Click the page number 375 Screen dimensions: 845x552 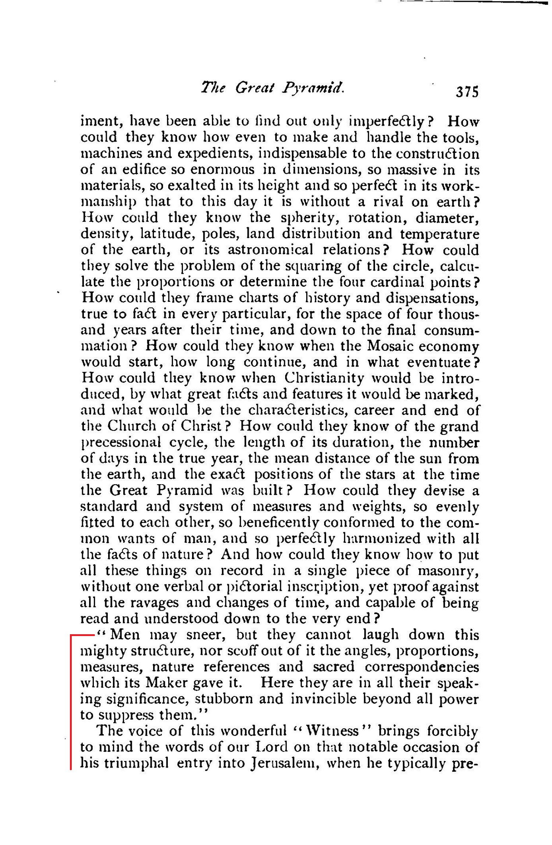[467, 91]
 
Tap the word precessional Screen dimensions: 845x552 [121, 442]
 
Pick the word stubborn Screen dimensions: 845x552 [239, 699]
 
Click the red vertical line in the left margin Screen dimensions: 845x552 [71, 700]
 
